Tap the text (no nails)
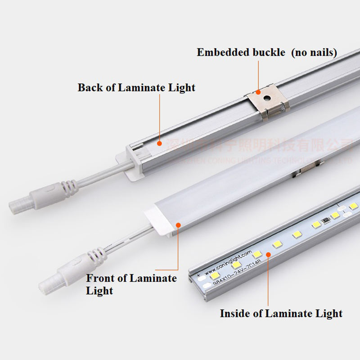click(314, 52)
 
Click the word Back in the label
click(90, 87)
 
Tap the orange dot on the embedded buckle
click(259, 91)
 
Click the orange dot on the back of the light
click(159, 143)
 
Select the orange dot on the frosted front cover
click(179, 224)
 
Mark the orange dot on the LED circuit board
click(268, 254)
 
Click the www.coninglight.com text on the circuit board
click(227, 265)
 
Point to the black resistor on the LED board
click(324, 221)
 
